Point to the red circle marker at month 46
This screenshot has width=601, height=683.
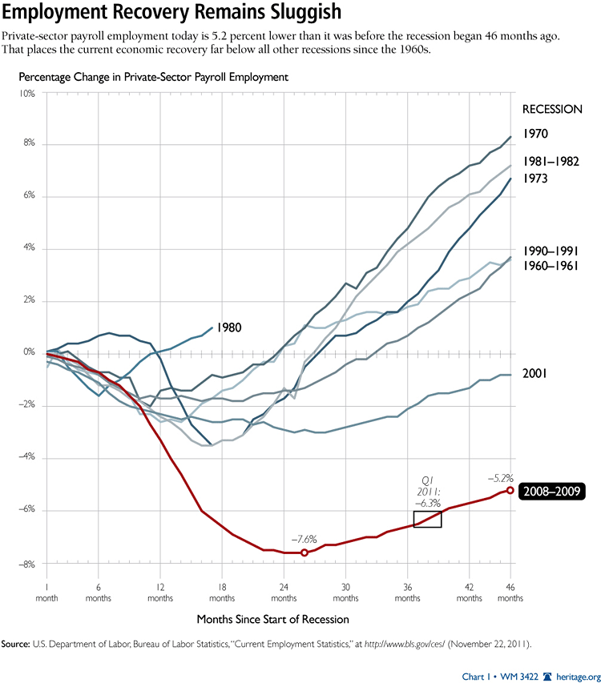point(510,489)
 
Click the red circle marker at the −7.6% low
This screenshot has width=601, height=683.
point(304,552)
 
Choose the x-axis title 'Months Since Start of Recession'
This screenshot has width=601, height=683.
point(272,620)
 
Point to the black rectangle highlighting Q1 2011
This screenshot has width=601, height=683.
point(427,518)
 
